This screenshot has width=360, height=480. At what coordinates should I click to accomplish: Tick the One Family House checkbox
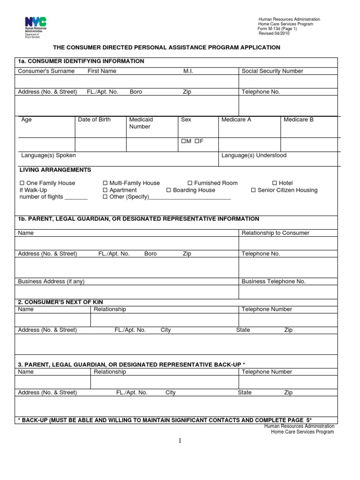22,183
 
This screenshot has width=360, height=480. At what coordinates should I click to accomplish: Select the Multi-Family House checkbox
105,183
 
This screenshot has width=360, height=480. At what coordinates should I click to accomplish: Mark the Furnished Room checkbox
190,183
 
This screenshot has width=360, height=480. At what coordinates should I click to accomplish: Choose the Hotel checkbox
275,183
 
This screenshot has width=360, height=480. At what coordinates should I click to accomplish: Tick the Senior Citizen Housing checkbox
253,190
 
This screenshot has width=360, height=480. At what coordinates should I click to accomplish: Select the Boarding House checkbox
169,190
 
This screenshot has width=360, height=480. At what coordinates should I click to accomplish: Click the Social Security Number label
272,71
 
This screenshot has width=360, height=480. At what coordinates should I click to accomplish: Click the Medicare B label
299,120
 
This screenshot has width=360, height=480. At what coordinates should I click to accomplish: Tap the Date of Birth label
94,120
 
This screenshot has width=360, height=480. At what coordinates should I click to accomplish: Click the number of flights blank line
76,198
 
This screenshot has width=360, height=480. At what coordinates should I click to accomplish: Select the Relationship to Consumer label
275,233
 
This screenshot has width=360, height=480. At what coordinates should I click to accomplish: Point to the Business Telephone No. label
273,282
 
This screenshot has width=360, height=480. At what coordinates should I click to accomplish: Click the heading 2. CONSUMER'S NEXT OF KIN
60,302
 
